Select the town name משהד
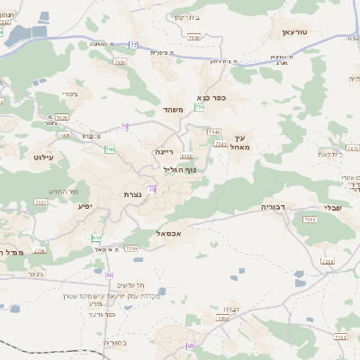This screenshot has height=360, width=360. pos(174,110)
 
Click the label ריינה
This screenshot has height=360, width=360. pos(164,152)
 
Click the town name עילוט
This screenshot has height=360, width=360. pos(43,157)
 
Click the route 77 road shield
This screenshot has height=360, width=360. pos(135,44)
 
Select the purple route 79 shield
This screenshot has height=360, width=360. pos(124,126)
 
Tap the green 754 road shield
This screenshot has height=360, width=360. pos(199,107)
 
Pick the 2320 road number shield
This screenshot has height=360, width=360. pos(121,62)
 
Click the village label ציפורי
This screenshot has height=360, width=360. pos(70,94)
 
